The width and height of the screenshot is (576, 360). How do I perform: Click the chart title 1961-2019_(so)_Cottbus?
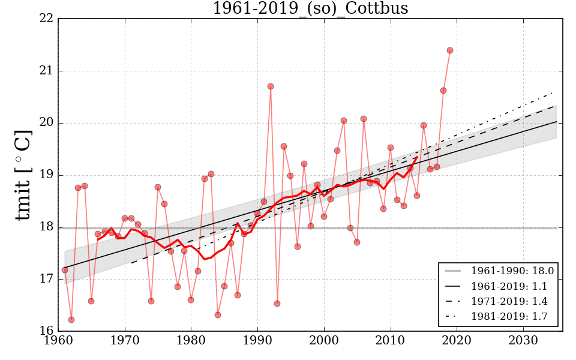310,9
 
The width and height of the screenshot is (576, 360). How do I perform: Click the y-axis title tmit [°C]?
23,175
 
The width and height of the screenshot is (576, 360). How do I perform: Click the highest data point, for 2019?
450,50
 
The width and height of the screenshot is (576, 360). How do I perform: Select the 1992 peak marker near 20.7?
271,86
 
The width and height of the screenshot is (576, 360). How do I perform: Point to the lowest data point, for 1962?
71,320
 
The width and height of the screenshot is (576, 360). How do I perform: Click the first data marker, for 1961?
65,270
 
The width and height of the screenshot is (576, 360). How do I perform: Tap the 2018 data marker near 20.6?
443,91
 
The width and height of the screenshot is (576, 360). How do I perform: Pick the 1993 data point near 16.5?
277,304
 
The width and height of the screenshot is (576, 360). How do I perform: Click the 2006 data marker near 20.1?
364,119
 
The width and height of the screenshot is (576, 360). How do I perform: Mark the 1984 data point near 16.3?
218,315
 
